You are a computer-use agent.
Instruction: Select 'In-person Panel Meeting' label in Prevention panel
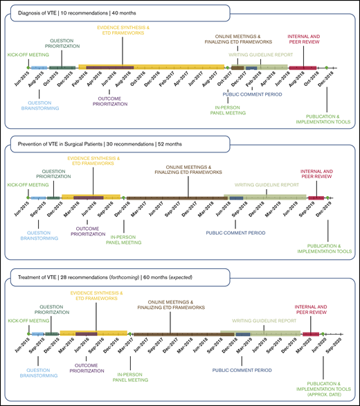tap(126, 239)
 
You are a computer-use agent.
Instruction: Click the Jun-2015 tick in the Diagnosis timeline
tap(19, 76)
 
